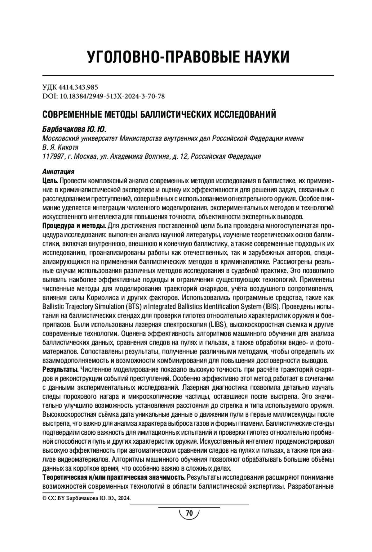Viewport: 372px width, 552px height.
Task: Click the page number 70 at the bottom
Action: pyautogui.click(x=189, y=513)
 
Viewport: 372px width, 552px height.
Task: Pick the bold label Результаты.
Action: pyautogui.click(x=60, y=369)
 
